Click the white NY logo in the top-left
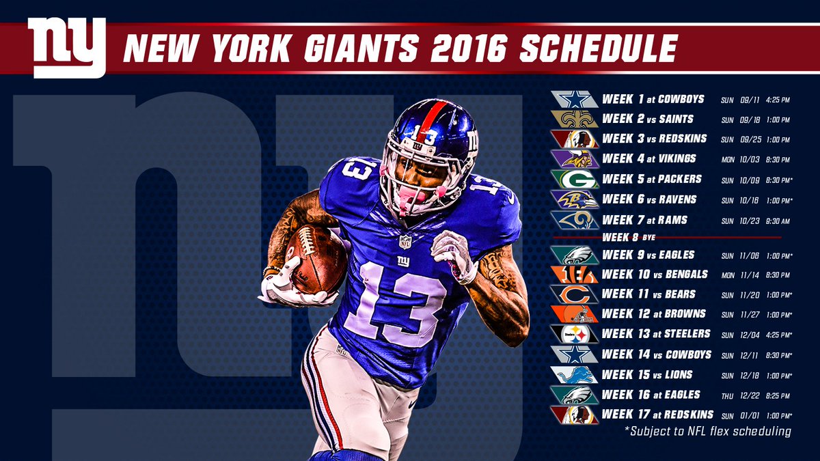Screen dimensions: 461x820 click(x=66, y=46)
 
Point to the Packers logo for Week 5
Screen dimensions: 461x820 click(x=575, y=180)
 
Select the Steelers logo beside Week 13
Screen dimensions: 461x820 click(x=575, y=334)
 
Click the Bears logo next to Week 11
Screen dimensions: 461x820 click(x=575, y=294)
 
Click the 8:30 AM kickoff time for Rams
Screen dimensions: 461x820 click(x=774, y=221)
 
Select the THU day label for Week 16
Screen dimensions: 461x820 click(x=727, y=395)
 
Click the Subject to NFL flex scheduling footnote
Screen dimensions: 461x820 click(x=707, y=431)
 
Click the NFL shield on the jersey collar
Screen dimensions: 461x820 click(x=405, y=241)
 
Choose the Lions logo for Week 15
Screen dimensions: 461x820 click(x=575, y=374)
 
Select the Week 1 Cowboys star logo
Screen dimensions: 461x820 click(x=575, y=100)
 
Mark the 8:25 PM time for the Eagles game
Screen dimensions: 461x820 click(x=774, y=395)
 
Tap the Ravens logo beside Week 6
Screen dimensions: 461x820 click(x=575, y=199)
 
